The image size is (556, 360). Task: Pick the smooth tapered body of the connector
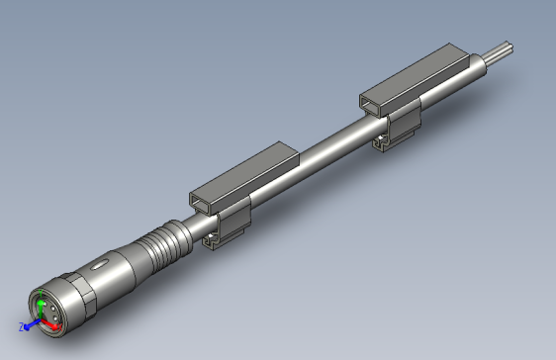point(124,262)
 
